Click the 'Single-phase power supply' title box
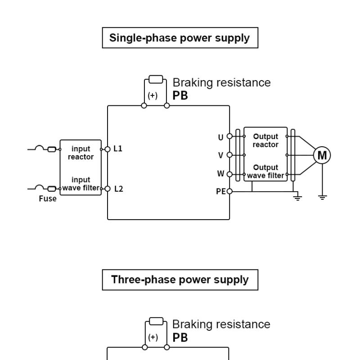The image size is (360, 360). click(x=180, y=38)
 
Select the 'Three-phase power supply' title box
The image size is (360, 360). click(x=180, y=279)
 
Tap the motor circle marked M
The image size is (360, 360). click(x=322, y=155)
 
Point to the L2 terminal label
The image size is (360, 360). click(x=118, y=189)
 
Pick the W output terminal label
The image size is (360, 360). click(x=220, y=174)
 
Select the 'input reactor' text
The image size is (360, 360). click(x=81, y=153)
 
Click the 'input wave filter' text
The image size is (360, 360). click(x=81, y=184)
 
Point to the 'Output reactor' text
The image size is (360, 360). click(x=265, y=140)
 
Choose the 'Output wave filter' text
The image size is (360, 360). click(x=265, y=171)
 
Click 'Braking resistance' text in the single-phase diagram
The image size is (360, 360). click(x=222, y=83)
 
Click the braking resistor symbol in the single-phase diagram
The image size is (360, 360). click(x=156, y=80)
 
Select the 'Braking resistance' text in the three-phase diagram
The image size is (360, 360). click(x=222, y=324)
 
